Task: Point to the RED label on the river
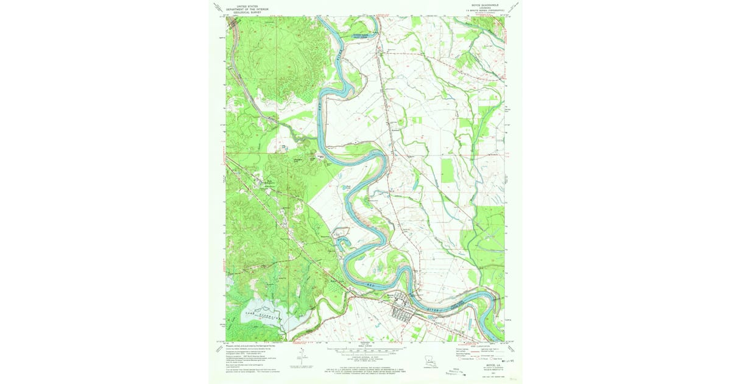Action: (x=370, y=284)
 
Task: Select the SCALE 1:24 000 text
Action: (x=365, y=346)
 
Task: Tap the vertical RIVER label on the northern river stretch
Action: (x=337, y=61)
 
